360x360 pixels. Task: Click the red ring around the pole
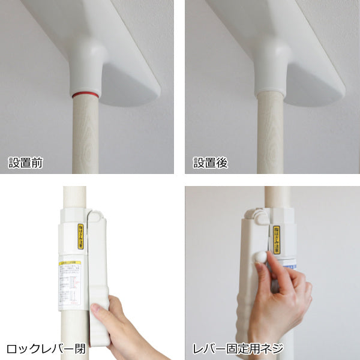pyautogui.click(x=86, y=95)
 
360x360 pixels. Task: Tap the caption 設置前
pyautogui.click(x=25, y=163)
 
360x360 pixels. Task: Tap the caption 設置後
pyautogui.click(x=210, y=163)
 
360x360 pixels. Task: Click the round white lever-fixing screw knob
pyautogui.click(x=261, y=256)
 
